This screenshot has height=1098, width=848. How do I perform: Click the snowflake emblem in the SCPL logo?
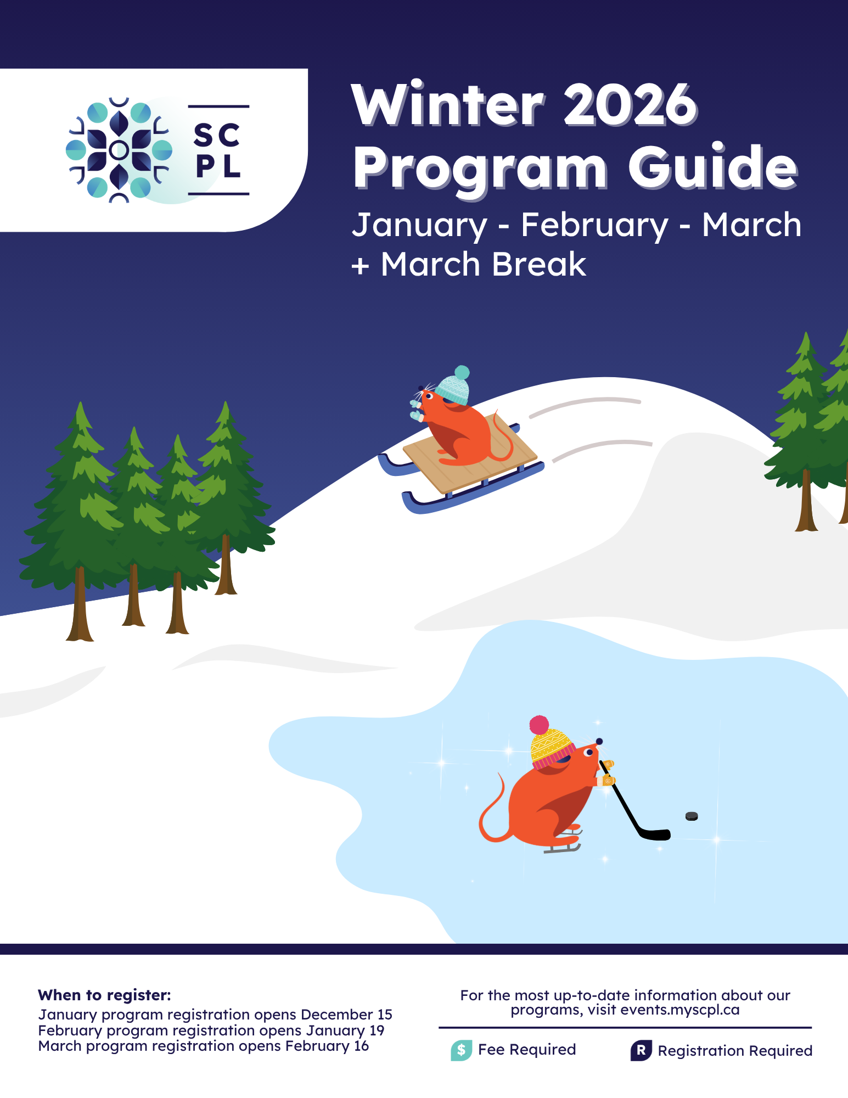tap(119, 149)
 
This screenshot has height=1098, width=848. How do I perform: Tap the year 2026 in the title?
tap(631, 105)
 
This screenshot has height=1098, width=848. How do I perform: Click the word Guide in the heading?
tap(712, 166)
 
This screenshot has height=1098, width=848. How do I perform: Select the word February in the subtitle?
tap(594, 226)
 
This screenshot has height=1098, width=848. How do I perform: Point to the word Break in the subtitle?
tap(539, 265)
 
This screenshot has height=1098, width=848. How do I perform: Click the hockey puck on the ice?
tap(692, 816)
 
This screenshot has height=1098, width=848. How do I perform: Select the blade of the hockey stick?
tap(654, 834)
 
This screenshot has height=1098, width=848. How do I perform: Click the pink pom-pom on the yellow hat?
tap(539, 725)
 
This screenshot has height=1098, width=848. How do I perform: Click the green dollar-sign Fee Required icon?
tap(461, 1050)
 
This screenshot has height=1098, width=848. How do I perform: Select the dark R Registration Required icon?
tap(641, 1050)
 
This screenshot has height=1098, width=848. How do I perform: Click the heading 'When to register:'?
tap(104, 995)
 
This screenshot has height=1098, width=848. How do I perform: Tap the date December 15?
tap(346, 1014)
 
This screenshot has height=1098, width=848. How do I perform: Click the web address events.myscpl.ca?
tap(680, 1010)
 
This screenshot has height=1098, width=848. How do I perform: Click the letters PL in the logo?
tap(218, 166)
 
